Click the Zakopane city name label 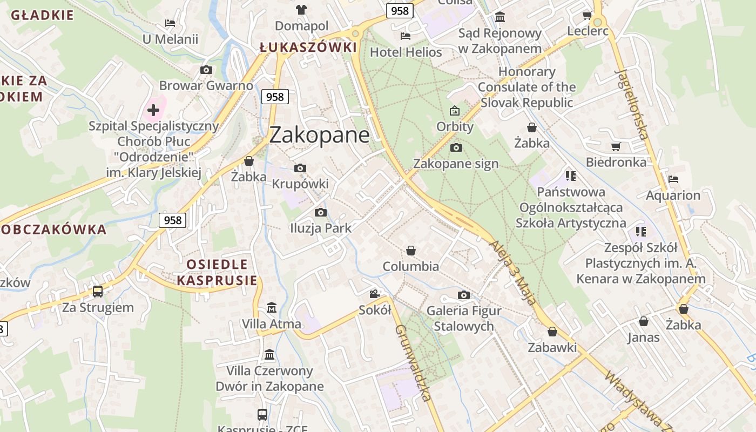(x=319, y=135)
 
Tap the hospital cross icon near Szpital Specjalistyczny (x=153, y=110)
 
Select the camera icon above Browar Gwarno (x=206, y=70)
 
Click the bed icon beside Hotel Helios (x=406, y=36)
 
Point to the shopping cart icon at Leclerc (x=587, y=15)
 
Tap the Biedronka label (x=616, y=162)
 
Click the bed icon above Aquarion (x=673, y=179)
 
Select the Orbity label (x=455, y=127)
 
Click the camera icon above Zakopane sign (x=456, y=147)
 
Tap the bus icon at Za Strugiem (x=98, y=292)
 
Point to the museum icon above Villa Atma (x=272, y=308)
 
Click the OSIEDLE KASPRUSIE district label (x=217, y=272)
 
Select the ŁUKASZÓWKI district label (x=308, y=48)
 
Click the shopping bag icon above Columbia (x=411, y=251)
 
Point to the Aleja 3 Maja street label (x=513, y=273)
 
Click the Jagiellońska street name (x=631, y=104)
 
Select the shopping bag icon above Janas (x=644, y=321)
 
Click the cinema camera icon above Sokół (x=374, y=294)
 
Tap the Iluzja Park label (x=321, y=228)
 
